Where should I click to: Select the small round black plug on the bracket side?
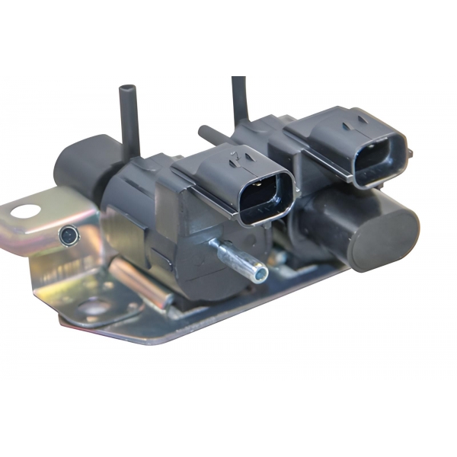[x=68, y=235]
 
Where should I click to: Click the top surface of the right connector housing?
[x=335, y=122]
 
